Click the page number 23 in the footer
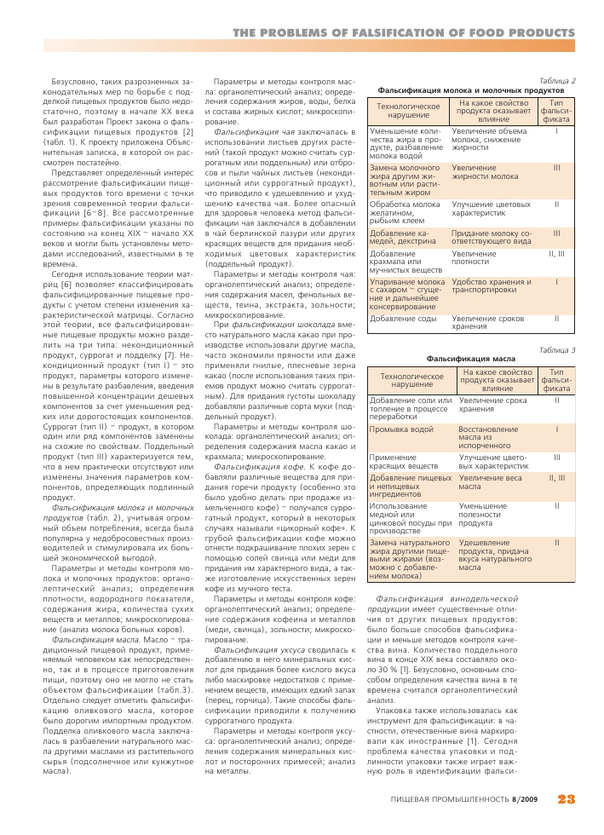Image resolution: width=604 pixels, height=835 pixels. (566, 799)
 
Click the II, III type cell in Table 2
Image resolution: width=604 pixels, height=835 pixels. (556, 253)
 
